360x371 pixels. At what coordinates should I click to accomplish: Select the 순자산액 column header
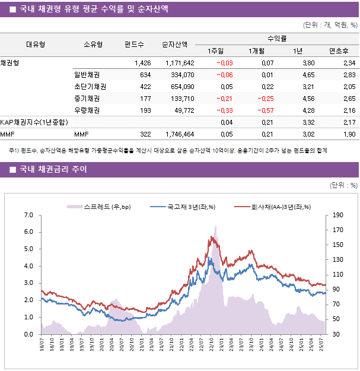pyautogui.click(x=175, y=44)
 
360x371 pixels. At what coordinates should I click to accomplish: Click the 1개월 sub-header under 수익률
pyautogui.click(x=257, y=50)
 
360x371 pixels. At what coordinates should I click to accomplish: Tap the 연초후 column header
pyautogui.click(x=338, y=50)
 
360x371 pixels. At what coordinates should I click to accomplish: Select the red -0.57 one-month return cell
pyautogui.click(x=265, y=110)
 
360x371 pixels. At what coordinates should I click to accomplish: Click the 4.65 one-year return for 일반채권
pyautogui.click(x=308, y=75)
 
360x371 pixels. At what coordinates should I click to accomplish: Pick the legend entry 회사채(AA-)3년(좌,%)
pyautogui.click(x=276, y=207)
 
